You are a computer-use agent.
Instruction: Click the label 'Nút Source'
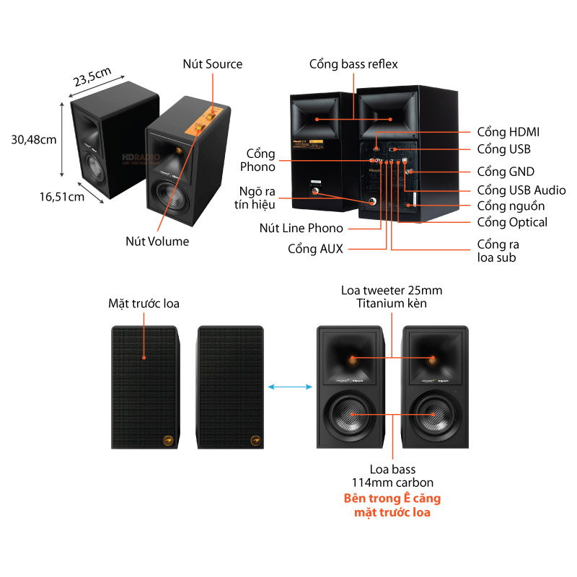pyautogui.click(x=212, y=64)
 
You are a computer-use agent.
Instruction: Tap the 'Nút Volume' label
pyautogui.click(x=157, y=242)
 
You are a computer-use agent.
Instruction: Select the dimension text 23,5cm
pyautogui.click(x=92, y=75)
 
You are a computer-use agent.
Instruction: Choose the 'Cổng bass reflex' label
pyautogui.click(x=353, y=64)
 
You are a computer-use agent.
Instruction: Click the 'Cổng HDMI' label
pyautogui.click(x=508, y=132)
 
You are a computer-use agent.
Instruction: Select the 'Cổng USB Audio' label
pyautogui.click(x=521, y=190)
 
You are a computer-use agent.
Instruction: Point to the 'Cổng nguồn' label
pyautogui.click(x=511, y=206)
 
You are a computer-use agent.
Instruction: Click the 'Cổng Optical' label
pyautogui.click(x=512, y=222)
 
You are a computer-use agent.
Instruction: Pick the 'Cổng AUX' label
pyautogui.click(x=315, y=249)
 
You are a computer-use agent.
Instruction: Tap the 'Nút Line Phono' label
pyautogui.click(x=301, y=229)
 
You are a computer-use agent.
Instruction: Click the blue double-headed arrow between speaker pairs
pyautogui.click(x=288, y=387)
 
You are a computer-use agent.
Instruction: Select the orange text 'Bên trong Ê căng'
pyautogui.click(x=392, y=498)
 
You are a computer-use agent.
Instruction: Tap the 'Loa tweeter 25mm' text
pyautogui.click(x=392, y=290)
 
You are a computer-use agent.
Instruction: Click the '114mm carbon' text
pyautogui.click(x=392, y=483)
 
